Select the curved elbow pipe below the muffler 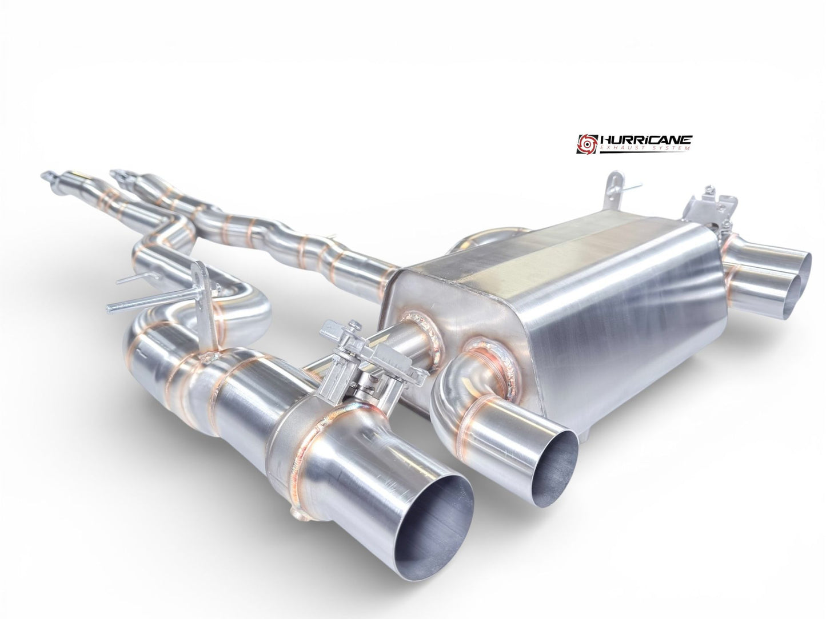(457, 400)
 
